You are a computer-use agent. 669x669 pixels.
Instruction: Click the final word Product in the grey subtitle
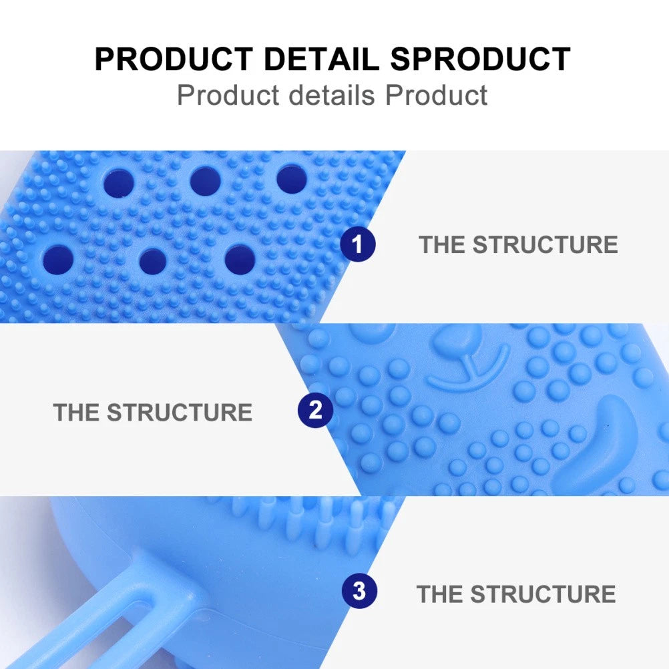(437, 95)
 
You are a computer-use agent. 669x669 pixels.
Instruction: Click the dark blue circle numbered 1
(357, 244)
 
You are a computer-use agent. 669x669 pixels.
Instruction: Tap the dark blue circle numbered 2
(315, 410)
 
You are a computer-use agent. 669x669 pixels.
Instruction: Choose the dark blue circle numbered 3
(359, 592)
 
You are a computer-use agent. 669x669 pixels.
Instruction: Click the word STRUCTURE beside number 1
(545, 244)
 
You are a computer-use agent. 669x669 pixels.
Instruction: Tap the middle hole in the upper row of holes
(205, 179)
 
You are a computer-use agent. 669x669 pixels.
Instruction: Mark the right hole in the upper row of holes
(292, 178)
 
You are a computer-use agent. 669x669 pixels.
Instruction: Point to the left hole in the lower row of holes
(59, 258)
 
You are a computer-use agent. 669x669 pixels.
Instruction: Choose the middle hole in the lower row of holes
(153, 260)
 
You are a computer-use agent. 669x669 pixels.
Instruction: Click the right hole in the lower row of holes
(240, 259)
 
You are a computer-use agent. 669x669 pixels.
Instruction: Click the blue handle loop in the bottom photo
(134, 601)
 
